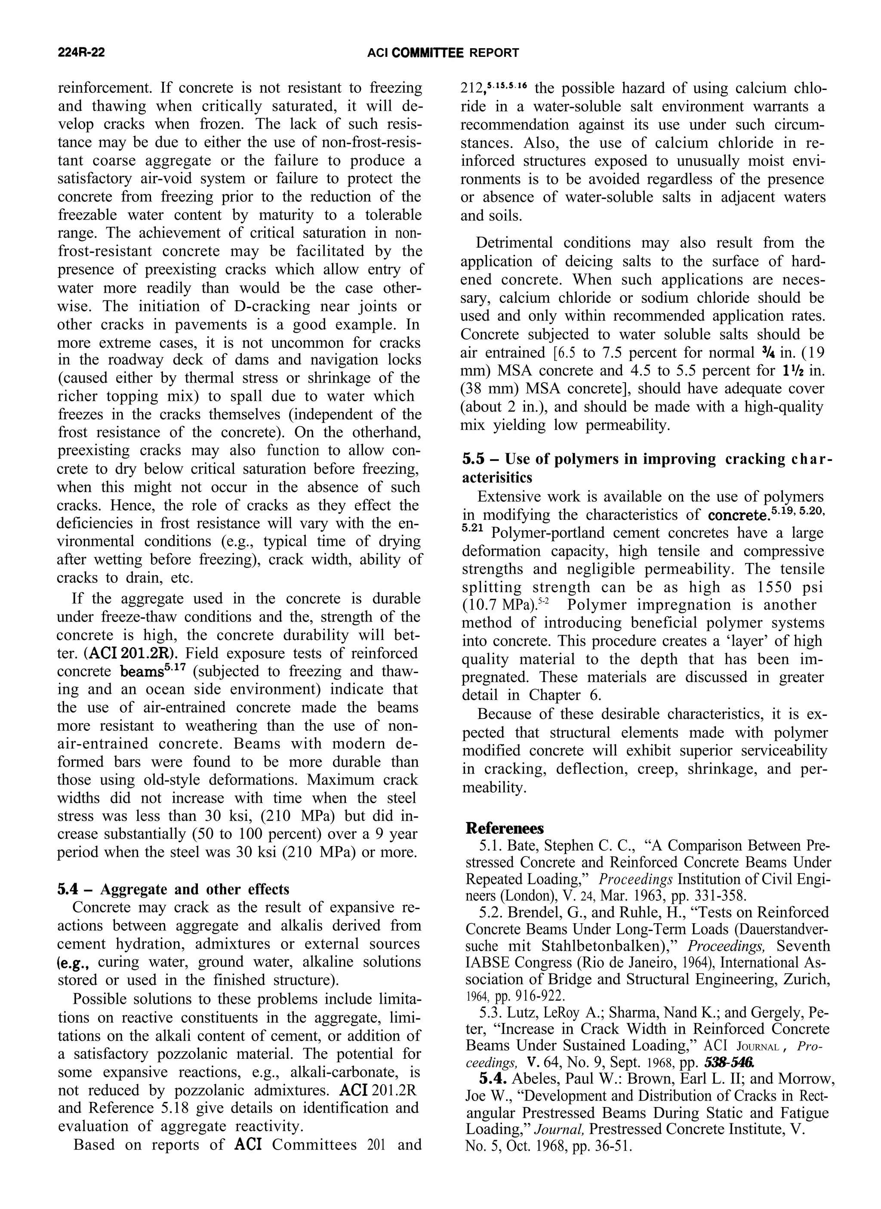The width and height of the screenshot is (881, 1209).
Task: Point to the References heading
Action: pos(504,828)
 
